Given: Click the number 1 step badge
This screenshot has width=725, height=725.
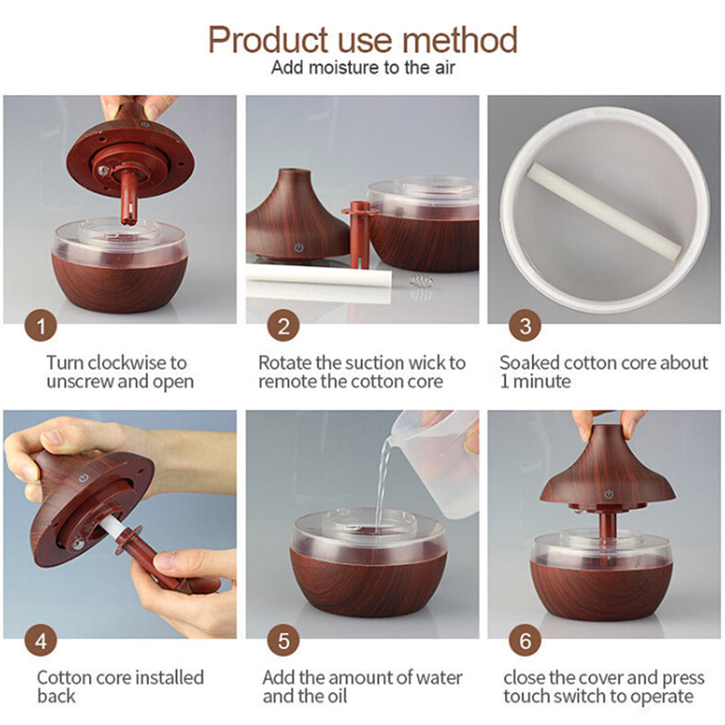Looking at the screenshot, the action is [41, 325].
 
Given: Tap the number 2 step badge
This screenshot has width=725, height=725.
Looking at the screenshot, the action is [283, 325].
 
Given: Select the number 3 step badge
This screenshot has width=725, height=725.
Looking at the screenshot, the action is [525, 325].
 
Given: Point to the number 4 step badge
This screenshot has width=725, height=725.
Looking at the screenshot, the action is [41, 641].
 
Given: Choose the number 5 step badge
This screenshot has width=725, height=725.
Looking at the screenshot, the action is [283, 641].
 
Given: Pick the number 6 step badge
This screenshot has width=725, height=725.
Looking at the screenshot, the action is [525, 641].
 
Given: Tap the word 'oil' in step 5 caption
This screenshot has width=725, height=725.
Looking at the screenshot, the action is [336, 696].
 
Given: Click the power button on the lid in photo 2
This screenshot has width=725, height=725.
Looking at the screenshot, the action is [299, 247].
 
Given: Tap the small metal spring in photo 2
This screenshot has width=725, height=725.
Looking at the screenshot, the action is [420, 281].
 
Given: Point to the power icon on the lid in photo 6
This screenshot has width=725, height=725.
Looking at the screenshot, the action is [609, 495].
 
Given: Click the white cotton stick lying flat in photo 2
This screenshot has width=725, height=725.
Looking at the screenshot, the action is [319, 276].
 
